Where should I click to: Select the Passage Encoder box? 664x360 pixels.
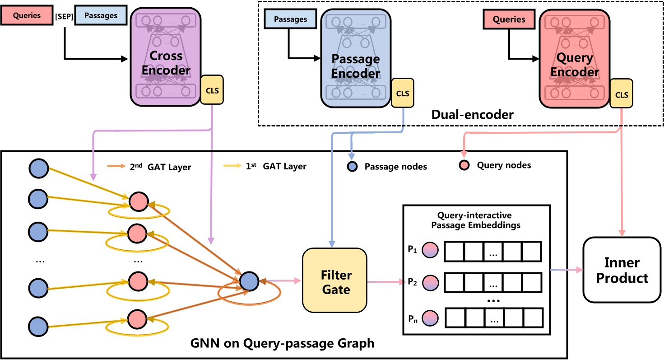355,59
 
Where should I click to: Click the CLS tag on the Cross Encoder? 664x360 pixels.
212,89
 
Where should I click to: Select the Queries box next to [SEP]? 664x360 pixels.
28,16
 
